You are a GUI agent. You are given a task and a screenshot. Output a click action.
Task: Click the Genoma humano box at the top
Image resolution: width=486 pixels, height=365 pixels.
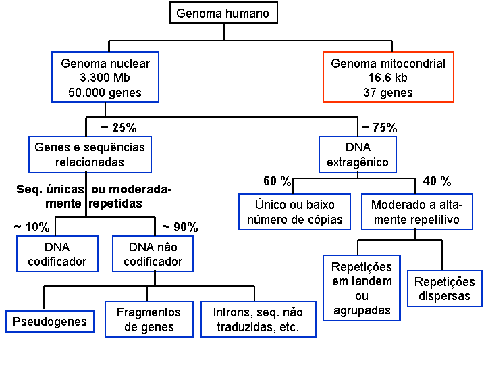click(222, 13)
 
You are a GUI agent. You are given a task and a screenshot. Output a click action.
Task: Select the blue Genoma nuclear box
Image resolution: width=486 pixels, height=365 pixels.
click(105, 77)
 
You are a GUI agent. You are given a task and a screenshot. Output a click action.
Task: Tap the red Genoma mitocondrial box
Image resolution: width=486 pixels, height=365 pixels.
click(387, 77)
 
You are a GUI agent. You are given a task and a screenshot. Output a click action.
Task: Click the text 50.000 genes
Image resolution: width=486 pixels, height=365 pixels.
click(105, 93)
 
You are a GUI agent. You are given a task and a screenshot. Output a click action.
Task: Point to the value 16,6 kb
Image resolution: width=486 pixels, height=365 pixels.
click(387, 78)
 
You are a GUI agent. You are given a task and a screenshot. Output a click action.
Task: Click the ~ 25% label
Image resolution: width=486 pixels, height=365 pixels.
click(118, 127)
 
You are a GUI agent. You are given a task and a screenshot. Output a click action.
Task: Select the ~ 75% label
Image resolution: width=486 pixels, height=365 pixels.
click(379, 127)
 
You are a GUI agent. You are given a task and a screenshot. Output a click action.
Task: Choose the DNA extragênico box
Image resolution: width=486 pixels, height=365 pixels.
click(358, 154)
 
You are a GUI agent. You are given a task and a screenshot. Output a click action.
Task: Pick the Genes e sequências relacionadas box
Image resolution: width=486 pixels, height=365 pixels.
click(90, 154)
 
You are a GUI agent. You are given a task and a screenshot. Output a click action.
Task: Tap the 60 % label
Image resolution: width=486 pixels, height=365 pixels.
click(277, 181)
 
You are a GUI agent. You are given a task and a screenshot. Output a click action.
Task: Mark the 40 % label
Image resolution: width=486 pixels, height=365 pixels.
click(437, 181)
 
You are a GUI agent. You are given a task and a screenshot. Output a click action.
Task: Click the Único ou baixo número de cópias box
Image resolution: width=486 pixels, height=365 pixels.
click(294, 212)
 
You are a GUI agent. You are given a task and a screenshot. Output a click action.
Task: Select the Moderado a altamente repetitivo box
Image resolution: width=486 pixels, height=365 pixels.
click(415, 212)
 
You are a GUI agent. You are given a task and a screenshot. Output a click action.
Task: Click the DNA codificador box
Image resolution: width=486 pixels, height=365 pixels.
click(57, 253)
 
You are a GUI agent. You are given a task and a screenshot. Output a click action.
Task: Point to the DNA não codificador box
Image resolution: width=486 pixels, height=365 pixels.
click(153, 253)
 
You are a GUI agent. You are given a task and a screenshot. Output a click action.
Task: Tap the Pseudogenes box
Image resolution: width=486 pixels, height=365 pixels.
click(50, 321)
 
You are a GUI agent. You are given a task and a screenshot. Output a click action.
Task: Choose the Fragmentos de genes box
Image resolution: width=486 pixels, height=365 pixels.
click(148, 319)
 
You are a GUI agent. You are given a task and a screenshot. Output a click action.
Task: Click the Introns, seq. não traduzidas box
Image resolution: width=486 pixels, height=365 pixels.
click(259, 319)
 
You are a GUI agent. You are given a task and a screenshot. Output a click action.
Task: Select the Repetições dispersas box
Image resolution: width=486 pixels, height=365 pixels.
click(444, 289)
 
